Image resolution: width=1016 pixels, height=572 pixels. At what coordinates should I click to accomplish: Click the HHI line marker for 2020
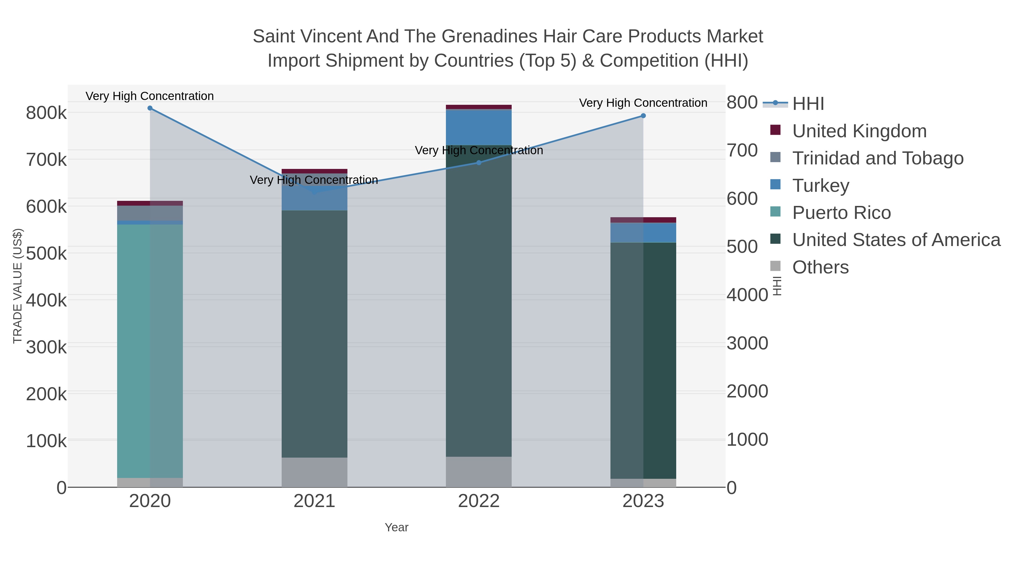click(x=150, y=108)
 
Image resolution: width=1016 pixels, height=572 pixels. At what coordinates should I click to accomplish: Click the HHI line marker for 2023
click(x=643, y=116)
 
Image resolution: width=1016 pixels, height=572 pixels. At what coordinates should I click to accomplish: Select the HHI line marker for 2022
click(x=479, y=163)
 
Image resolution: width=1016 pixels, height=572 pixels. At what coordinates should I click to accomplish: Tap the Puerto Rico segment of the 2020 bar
click(x=150, y=351)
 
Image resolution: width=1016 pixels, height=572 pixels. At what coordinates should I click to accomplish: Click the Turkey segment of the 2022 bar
click(x=479, y=127)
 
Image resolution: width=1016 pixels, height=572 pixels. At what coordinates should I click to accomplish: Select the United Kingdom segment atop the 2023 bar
click(x=643, y=220)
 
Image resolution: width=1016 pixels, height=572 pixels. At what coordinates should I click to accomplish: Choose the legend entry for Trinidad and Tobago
click(x=877, y=158)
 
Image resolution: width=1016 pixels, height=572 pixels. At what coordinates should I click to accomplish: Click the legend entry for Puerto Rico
click(x=841, y=213)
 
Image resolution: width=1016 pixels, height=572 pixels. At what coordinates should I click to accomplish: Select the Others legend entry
click(x=820, y=267)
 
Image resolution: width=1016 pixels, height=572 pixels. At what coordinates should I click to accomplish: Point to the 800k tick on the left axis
click(x=46, y=113)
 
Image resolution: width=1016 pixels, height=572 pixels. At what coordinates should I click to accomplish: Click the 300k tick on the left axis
click(x=46, y=347)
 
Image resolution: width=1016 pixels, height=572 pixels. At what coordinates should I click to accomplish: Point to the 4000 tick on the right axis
click(x=747, y=295)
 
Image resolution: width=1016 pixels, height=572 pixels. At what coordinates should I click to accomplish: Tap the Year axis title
click(x=397, y=527)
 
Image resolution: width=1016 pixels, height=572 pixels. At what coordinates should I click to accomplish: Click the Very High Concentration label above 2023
click(x=643, y=103)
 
